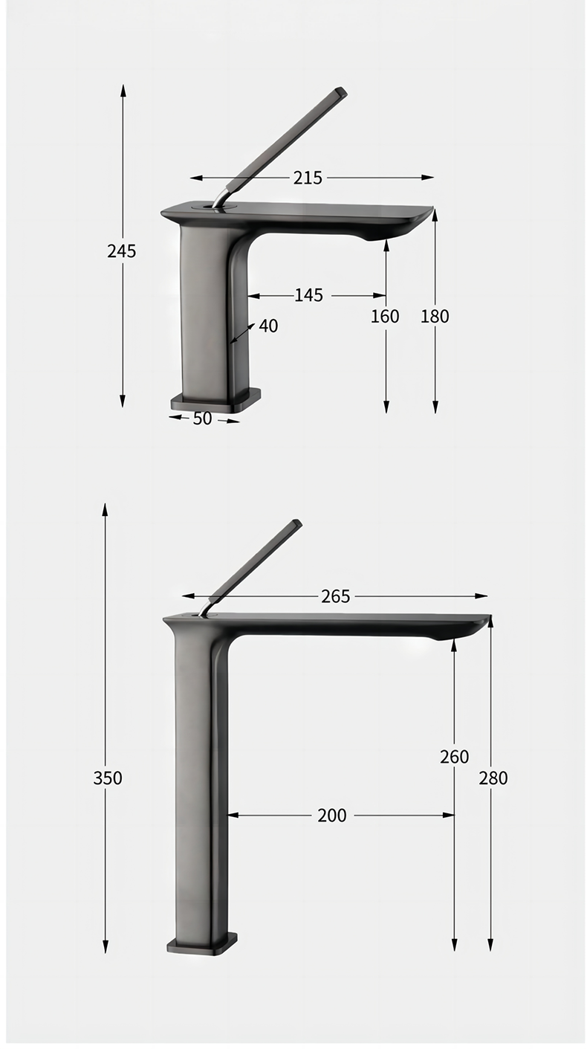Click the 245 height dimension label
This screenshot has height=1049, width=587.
click(x=122, y=251)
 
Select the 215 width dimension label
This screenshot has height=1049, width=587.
click(x=308, y=178)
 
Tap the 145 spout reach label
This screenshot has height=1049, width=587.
click(x=308, y=295)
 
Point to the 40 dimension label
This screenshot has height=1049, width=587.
click(x=268, y=326)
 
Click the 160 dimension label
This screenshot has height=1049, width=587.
click(x=385, y=317)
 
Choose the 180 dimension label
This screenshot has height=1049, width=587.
click(x=435, y=317)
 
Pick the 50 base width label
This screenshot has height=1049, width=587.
click(x=202, y=419)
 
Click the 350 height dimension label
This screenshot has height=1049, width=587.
click(x=108, y=778)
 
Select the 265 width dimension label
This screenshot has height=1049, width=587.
click(x=336, y=596)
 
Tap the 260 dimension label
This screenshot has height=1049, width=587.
click(x=454, y=757)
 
